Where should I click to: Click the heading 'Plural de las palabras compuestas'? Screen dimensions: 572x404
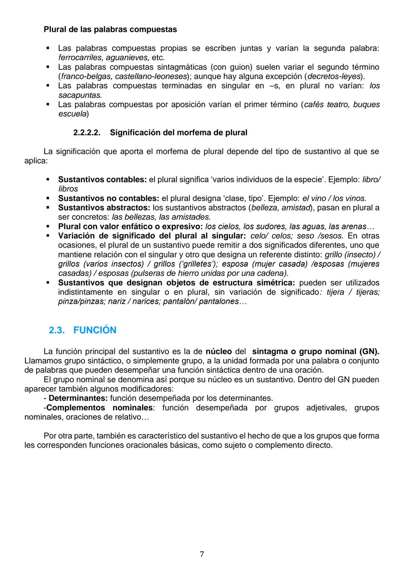tap(110, 29)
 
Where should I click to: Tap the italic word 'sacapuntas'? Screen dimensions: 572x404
tap(79, 95)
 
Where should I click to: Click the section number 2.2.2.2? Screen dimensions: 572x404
tap(86, 133)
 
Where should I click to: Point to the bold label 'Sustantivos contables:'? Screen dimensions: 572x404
tap(102, 179)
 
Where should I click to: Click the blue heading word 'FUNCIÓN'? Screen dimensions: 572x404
tap(95, 330)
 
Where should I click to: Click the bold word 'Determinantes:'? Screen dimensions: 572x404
tap(78, 398)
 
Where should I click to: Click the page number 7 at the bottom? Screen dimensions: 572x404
tap(202, 554)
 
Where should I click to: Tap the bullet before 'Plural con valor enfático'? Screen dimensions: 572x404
tap(48, 226)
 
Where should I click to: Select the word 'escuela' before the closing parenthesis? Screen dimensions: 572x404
tap(72, 114)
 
